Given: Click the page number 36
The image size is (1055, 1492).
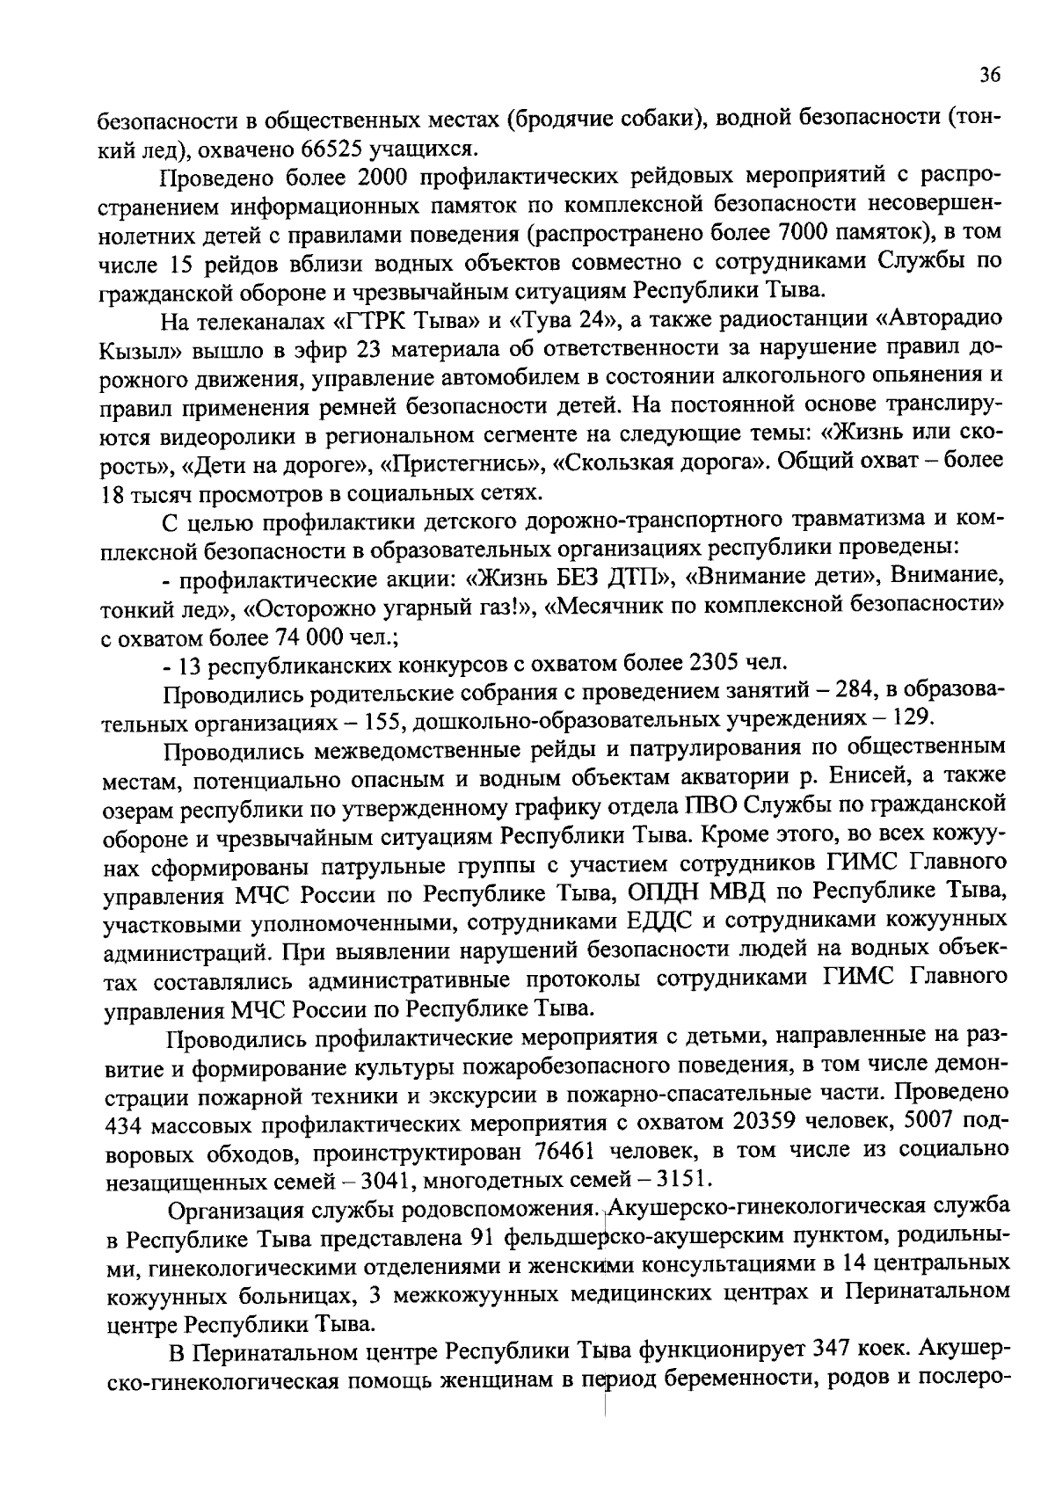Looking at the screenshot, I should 989,76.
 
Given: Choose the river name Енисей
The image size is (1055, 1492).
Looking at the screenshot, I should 830,777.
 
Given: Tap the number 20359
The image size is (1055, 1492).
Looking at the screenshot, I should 760,1124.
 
